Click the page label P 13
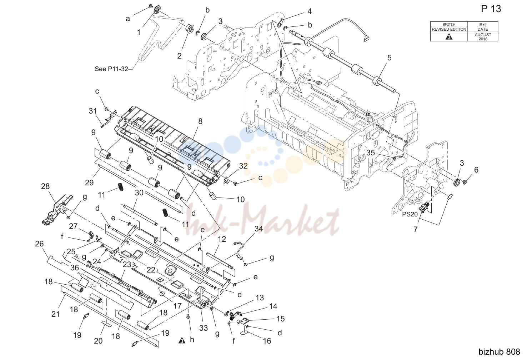click(491, 9)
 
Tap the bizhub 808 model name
click(499, 352)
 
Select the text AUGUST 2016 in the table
click(483, 37)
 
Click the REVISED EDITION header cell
click(449, 27)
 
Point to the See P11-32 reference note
click(111, 69)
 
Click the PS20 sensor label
click(410, 214)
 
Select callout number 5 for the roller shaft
click(390, 57)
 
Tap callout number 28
click(45, 186)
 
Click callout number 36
click(75, 268)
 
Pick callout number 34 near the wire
click(259, 229)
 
